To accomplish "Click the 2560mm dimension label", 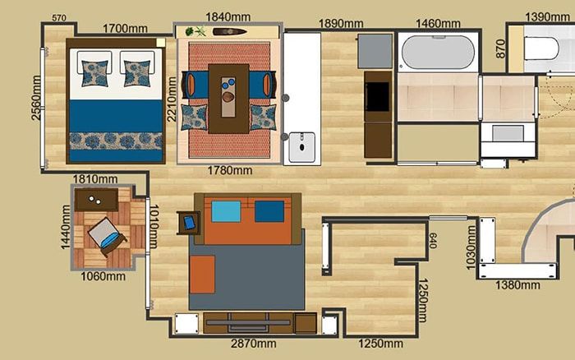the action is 36,98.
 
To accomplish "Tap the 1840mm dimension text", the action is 228,17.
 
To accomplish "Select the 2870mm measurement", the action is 253,344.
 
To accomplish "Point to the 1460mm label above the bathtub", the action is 438,24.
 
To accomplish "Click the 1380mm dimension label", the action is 517,284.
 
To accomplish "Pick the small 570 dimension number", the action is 59,18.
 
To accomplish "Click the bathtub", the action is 438,52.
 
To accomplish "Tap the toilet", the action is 541,48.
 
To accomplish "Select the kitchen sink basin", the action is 301,147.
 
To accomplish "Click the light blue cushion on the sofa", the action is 226,211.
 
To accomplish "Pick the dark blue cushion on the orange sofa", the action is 269,211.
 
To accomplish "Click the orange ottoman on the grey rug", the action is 202,275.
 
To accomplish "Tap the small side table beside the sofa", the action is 188,223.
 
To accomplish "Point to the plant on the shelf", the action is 195,31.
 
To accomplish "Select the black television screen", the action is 377,96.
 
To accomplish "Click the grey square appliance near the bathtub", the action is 375,51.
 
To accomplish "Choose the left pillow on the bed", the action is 95,72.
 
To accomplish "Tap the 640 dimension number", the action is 432,240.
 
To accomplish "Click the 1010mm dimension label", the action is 154,226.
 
